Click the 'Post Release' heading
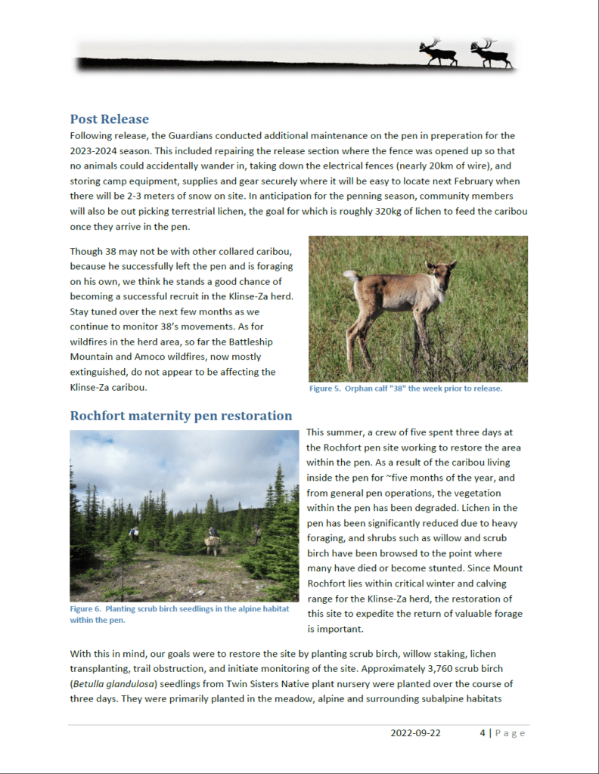(109, 119)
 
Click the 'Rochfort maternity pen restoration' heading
(181, 415)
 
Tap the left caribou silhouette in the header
(438, 52)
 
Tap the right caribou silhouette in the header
(491, 52)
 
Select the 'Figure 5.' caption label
(325, 389)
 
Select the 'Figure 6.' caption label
(85, 608)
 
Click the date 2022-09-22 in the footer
(416, 732)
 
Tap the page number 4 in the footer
(482, 732)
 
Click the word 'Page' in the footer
(511, 732)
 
